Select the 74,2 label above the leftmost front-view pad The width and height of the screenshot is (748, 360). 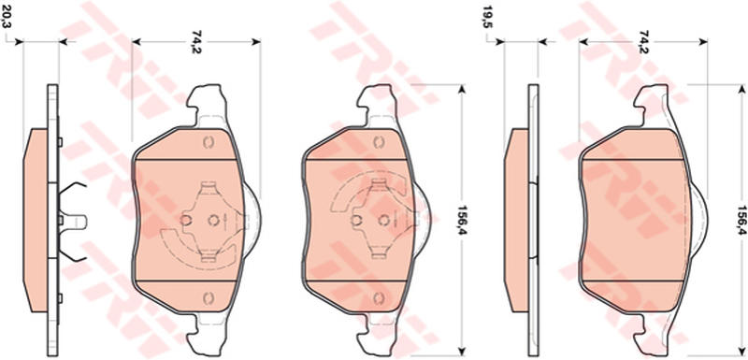coord(195,41)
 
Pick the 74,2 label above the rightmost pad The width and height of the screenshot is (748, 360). coord(643,41)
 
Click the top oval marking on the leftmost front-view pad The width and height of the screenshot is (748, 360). coord(208,142)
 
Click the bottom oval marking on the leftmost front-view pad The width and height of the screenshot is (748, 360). coord(208,298)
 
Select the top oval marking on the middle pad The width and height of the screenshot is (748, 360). coord(379,142)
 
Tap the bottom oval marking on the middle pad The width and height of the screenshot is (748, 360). coord(379,298)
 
